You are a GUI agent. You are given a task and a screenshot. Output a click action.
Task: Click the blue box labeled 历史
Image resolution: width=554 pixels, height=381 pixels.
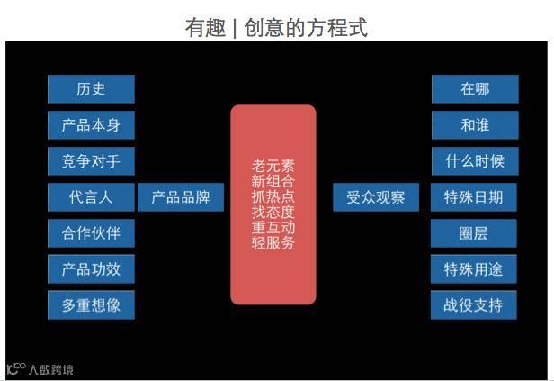tap(91, 89)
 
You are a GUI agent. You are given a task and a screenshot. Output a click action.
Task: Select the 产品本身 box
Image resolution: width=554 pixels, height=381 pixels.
tap(91, 125)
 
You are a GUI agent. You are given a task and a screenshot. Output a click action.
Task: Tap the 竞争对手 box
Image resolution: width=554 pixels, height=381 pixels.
tap(91, 161)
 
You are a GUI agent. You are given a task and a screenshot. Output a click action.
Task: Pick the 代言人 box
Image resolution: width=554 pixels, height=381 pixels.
tap(91, 197)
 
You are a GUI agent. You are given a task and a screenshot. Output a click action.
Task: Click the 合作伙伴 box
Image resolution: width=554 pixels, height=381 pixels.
tap(91, 233)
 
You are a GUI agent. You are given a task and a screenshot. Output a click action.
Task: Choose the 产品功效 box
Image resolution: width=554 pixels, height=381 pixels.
tap(91, 269)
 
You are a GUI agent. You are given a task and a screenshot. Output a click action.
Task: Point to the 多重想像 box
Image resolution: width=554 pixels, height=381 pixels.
tap(91, 305)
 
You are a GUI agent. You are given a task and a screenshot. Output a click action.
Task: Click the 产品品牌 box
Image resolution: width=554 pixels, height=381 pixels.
tap(181, 197)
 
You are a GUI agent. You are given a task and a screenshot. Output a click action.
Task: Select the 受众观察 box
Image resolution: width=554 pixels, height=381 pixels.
tap(376, 197)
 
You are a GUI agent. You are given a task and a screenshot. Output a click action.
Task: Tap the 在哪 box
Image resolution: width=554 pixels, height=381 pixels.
tap(474, 89)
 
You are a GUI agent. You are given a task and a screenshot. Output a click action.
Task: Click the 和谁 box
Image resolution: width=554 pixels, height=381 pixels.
tap(474, 125)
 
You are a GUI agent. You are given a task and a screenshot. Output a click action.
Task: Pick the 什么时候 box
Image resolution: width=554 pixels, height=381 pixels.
tap(474, 161)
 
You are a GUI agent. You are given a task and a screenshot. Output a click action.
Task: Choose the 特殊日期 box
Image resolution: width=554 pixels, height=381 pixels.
tap(474, 197)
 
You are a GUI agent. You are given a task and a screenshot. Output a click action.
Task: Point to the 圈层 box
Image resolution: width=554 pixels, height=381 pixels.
tap(474, 233)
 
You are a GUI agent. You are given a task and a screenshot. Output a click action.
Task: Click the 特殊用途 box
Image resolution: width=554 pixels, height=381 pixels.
tap(474, 269)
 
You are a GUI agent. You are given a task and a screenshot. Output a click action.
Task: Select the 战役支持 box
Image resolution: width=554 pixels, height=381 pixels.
tap(474, 304)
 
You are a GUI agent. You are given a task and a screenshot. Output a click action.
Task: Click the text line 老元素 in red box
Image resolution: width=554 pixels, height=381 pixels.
tap(273, 167)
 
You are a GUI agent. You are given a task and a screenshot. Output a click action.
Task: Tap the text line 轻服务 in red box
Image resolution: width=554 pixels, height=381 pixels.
tap(273, 242)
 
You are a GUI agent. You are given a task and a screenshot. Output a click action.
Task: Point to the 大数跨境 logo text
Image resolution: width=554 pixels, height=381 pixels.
tap(50, 369)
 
